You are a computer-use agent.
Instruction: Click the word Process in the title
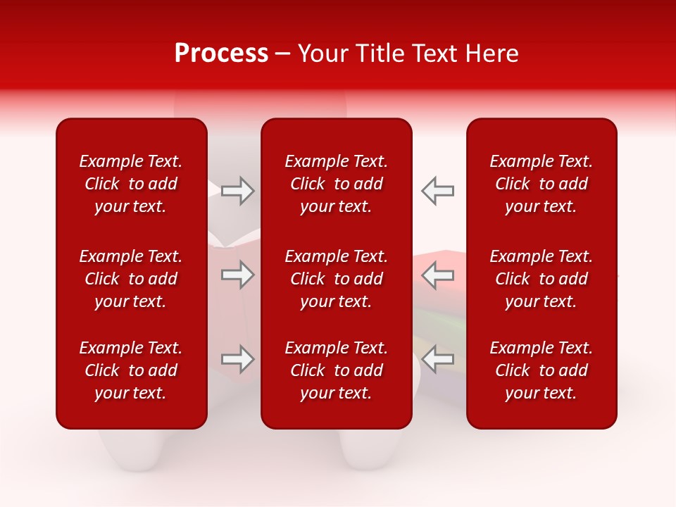221,54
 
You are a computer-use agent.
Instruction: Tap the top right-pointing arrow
238,191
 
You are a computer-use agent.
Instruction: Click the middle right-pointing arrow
238,275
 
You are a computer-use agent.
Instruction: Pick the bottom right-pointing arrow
238,359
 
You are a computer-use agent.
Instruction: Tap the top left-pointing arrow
437,191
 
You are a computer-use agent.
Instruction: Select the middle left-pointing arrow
437,275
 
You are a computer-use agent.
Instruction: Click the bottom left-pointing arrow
437,359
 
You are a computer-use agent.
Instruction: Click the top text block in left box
131,184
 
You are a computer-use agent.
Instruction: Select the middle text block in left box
131,279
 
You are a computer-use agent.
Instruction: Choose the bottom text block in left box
131,370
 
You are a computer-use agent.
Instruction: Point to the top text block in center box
336,184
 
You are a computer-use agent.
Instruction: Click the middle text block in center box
336,279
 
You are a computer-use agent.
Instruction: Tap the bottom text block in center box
336,370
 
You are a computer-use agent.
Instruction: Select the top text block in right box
542,184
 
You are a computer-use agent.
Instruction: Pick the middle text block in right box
542,279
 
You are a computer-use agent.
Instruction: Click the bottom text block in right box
542,370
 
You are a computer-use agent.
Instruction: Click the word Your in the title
321,54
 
